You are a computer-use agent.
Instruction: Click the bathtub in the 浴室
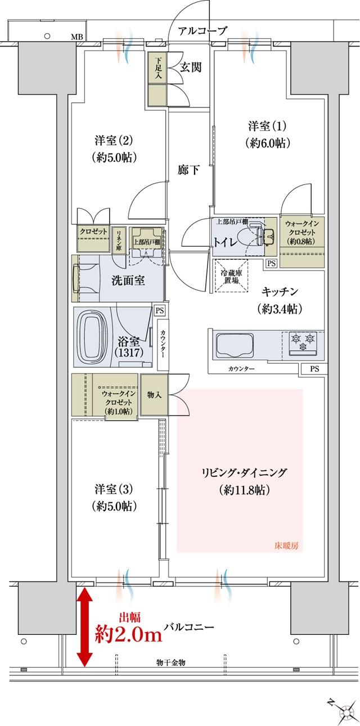click(93, 337)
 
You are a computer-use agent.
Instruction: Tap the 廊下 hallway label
click(188, 170)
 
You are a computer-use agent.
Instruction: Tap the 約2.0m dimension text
click(129, 635)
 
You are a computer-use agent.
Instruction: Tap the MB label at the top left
click(76, 38)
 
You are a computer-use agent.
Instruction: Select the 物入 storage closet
click(155, 395)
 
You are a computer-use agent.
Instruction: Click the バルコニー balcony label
click(188, 627)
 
